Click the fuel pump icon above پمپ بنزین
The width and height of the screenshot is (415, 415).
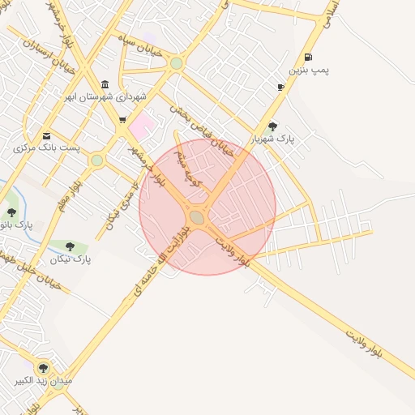(x=308, y=57)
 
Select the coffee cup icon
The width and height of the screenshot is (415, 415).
(x=280, y=87)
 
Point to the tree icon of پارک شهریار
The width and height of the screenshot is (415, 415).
(x=272, y=126)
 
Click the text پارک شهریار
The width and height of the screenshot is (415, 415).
(x=272, y=139)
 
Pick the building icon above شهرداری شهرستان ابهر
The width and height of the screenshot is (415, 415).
(x=105, y=84)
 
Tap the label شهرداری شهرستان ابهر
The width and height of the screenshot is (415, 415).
(x=106, y=97)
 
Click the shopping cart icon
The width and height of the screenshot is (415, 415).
(x=122, y=121)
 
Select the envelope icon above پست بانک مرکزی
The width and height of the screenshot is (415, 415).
(x=46, y=135)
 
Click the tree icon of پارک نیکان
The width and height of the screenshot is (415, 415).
(x=70, y=246)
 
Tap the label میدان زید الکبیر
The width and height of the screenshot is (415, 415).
(x=44, y=379)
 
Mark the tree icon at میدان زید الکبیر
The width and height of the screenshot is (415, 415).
(x=43, y=367)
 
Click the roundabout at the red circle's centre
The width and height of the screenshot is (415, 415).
(x=198, y=216)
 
